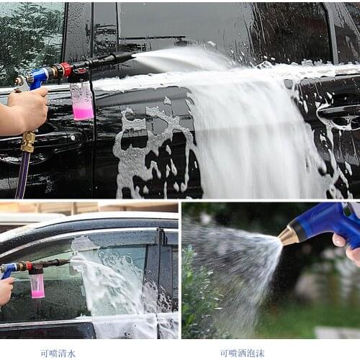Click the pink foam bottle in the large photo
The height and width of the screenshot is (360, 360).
(82, 102)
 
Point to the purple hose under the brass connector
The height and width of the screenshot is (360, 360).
(23, 176)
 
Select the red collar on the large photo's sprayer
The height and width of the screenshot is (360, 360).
(66, 71)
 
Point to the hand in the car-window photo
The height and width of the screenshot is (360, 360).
(5, 290)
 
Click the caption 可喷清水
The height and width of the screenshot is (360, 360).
(58, 354)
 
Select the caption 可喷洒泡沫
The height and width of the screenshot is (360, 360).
(242, 354)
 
